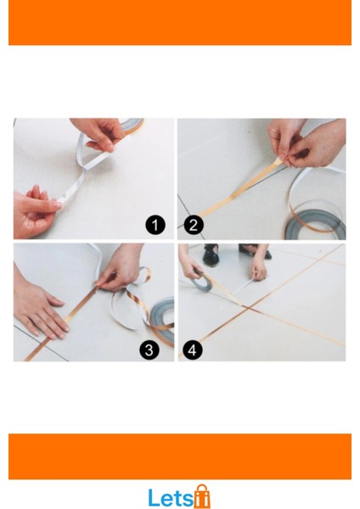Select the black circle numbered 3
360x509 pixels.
pos(149,350)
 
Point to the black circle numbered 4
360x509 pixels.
pos(193,350)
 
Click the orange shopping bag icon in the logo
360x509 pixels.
pos(202,496)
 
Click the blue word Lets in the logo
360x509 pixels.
pos(171,498)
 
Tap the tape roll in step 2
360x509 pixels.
pos(315,223)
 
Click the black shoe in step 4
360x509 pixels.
pos(211,255)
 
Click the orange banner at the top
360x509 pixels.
pos(180,22)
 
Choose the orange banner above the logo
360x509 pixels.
pos(180,456)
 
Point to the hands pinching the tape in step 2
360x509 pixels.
pos(306,144)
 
